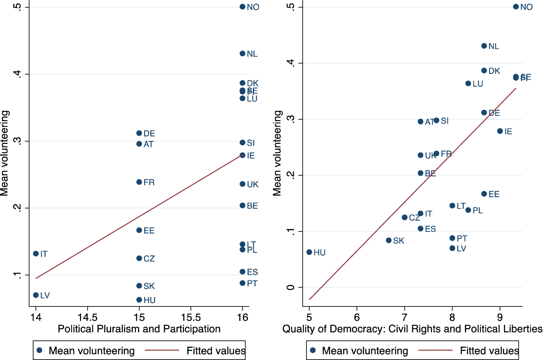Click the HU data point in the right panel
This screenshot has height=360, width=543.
(x=309, y=252)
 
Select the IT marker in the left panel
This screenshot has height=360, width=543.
(x=36, y=254)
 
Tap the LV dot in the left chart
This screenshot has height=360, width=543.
(x=36, y=295)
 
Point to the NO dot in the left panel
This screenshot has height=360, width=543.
(x=242, y=7)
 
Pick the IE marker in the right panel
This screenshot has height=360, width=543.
(x=500, y=131)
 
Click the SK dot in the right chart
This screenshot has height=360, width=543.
(x=389, y=240)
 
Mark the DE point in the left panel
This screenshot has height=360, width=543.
(x=139, y=133)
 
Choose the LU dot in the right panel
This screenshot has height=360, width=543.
(x=468, y=83)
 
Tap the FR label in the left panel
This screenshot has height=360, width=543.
(x=149, y=182)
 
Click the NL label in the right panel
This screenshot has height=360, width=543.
(x=494, y=46)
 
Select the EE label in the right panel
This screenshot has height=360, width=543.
(x=494, y=194)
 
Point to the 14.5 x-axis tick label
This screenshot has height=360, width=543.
(x=87, y=318)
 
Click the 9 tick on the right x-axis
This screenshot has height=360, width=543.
(x=500, y=318)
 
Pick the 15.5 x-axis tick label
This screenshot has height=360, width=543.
(x=191, y=318)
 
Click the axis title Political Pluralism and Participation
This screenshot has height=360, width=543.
(x=139, y=329)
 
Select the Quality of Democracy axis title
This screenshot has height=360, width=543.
(x=412, y=329)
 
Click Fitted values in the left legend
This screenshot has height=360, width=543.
(x=216, y=351)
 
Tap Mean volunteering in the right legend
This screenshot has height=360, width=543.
(x=365, y=351)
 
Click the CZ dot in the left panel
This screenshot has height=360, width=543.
(x=139, y=258)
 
